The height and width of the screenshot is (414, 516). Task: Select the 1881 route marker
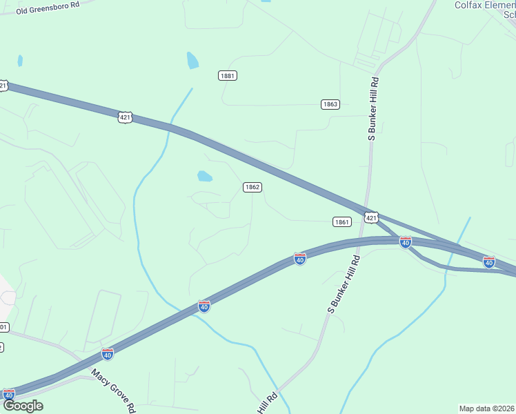(x=228, y=75)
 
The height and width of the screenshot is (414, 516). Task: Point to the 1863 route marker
(x=330, y=104)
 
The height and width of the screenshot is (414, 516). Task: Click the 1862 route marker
(x=252, y=187)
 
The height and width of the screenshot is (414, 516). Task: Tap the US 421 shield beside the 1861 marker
(x=371, y=218)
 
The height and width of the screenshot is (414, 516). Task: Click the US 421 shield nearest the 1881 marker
(x=124, y=117)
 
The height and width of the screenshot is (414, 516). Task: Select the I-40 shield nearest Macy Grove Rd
(x=108, y=354)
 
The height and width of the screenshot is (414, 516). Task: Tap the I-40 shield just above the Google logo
(x=8, y=395)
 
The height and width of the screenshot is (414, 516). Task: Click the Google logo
(x=23, y=406)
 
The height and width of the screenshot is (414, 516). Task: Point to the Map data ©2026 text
(x=487, y=408)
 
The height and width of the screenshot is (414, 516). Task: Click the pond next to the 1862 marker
(x=204, y=176)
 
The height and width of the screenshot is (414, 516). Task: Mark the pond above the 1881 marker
(x=192, y=61)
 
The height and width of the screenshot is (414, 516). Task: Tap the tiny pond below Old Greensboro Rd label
(x=20, y=61)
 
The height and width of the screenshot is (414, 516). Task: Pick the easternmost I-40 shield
(x=488, y=262)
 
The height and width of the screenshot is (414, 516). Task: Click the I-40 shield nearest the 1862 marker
(x=300, y=258)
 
